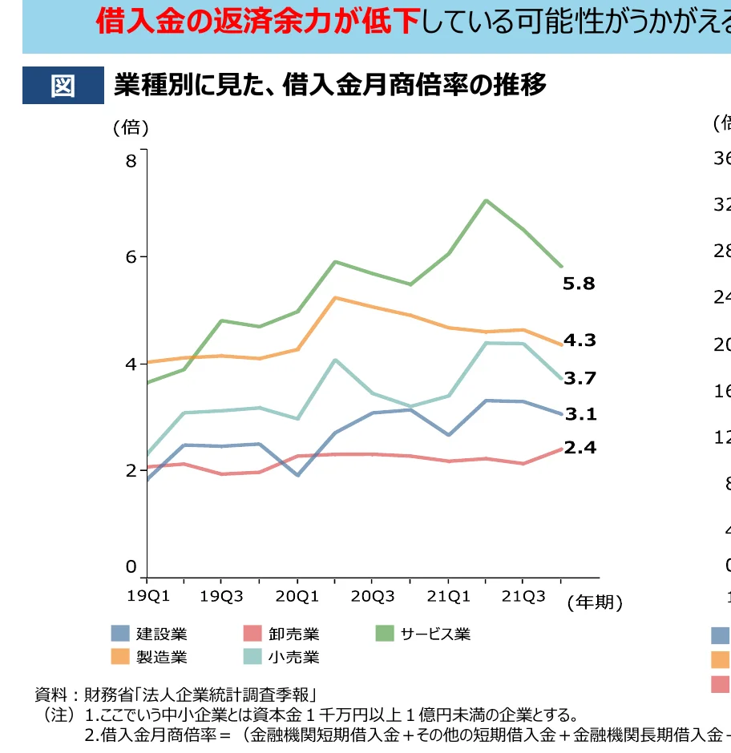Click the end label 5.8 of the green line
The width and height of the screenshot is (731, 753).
tap(579, 284)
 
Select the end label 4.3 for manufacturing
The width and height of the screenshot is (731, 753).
tap(579, 340)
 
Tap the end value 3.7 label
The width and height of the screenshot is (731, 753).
tap(579, 378)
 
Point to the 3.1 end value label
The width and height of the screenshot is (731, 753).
tap(580, 414)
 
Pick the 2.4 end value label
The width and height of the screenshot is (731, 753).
tap(580, 448)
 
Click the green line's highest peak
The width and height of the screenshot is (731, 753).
tap(486, 200)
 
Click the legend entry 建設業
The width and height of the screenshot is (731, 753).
tap(161, 634)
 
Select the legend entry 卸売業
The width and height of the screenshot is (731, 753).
tap(293, 634)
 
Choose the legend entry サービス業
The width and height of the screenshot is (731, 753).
tap(435, 634)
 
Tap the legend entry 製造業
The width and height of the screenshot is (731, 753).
tap(161, 658)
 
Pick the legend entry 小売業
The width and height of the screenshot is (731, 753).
tap(293, 658)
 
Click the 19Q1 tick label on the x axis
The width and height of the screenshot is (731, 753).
tap(148, 595)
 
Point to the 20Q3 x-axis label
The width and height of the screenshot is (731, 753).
tap(373, 595)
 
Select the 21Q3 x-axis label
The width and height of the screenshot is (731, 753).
tap(523, 595)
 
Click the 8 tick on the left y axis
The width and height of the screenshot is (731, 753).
tap(131, 161)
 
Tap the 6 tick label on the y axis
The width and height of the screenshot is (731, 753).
tap(131, 257)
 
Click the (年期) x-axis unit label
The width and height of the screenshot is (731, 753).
tap(594, 602)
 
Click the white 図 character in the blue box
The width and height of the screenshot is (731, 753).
tap(63, 86)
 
